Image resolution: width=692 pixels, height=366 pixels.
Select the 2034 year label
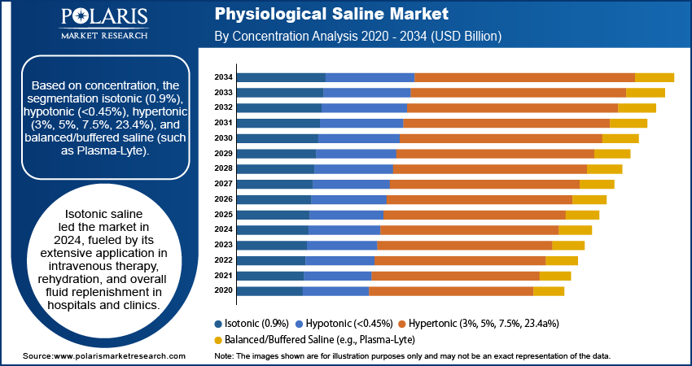(x=224, y=77)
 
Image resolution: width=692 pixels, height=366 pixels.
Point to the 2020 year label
(x=224, y=291)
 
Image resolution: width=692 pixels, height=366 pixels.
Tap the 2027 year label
(x=224, y=184)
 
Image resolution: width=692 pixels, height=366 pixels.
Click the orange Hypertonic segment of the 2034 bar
(x=524, y=77)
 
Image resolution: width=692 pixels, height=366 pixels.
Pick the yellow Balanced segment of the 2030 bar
(x=620, y=138)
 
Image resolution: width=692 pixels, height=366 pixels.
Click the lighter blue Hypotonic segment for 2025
(x=346, y=215)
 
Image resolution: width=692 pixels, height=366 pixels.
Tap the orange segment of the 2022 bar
(x=459, y=260)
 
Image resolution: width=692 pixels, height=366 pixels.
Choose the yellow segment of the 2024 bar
(x=575, y=230)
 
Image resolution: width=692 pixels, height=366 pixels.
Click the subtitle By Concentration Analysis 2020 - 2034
(x=357, y=37)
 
